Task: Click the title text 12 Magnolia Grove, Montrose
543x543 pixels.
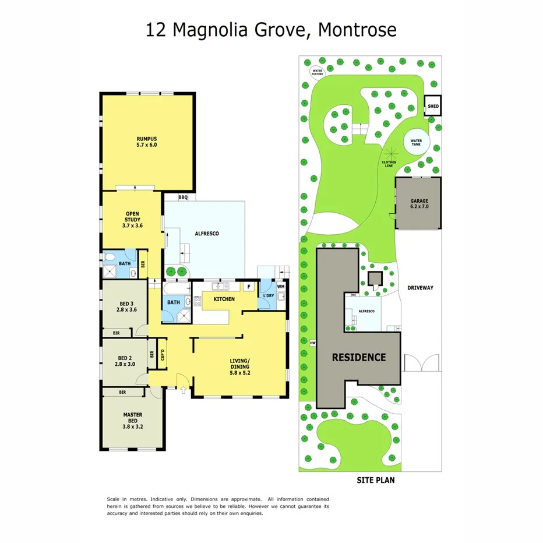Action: [x=271, y=29]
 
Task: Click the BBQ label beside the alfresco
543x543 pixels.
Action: [x=182, y=198]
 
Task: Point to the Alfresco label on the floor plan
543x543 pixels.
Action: [x=206, y=234]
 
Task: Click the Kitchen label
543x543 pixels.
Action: [x=224, y=299]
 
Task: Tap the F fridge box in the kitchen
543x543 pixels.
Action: [x=248, y=287]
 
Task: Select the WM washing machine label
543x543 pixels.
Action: [x=281, y=286]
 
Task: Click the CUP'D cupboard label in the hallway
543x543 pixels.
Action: [x=163, y=354]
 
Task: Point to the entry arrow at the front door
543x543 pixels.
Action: [x=185, y=390]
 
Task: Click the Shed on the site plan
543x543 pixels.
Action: [x=433, y=107]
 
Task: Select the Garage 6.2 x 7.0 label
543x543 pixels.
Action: [x=419, y=203]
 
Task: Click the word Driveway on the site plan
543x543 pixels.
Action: [x=420, y=288]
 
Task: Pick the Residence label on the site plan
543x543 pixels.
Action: [x=359, y=357]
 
